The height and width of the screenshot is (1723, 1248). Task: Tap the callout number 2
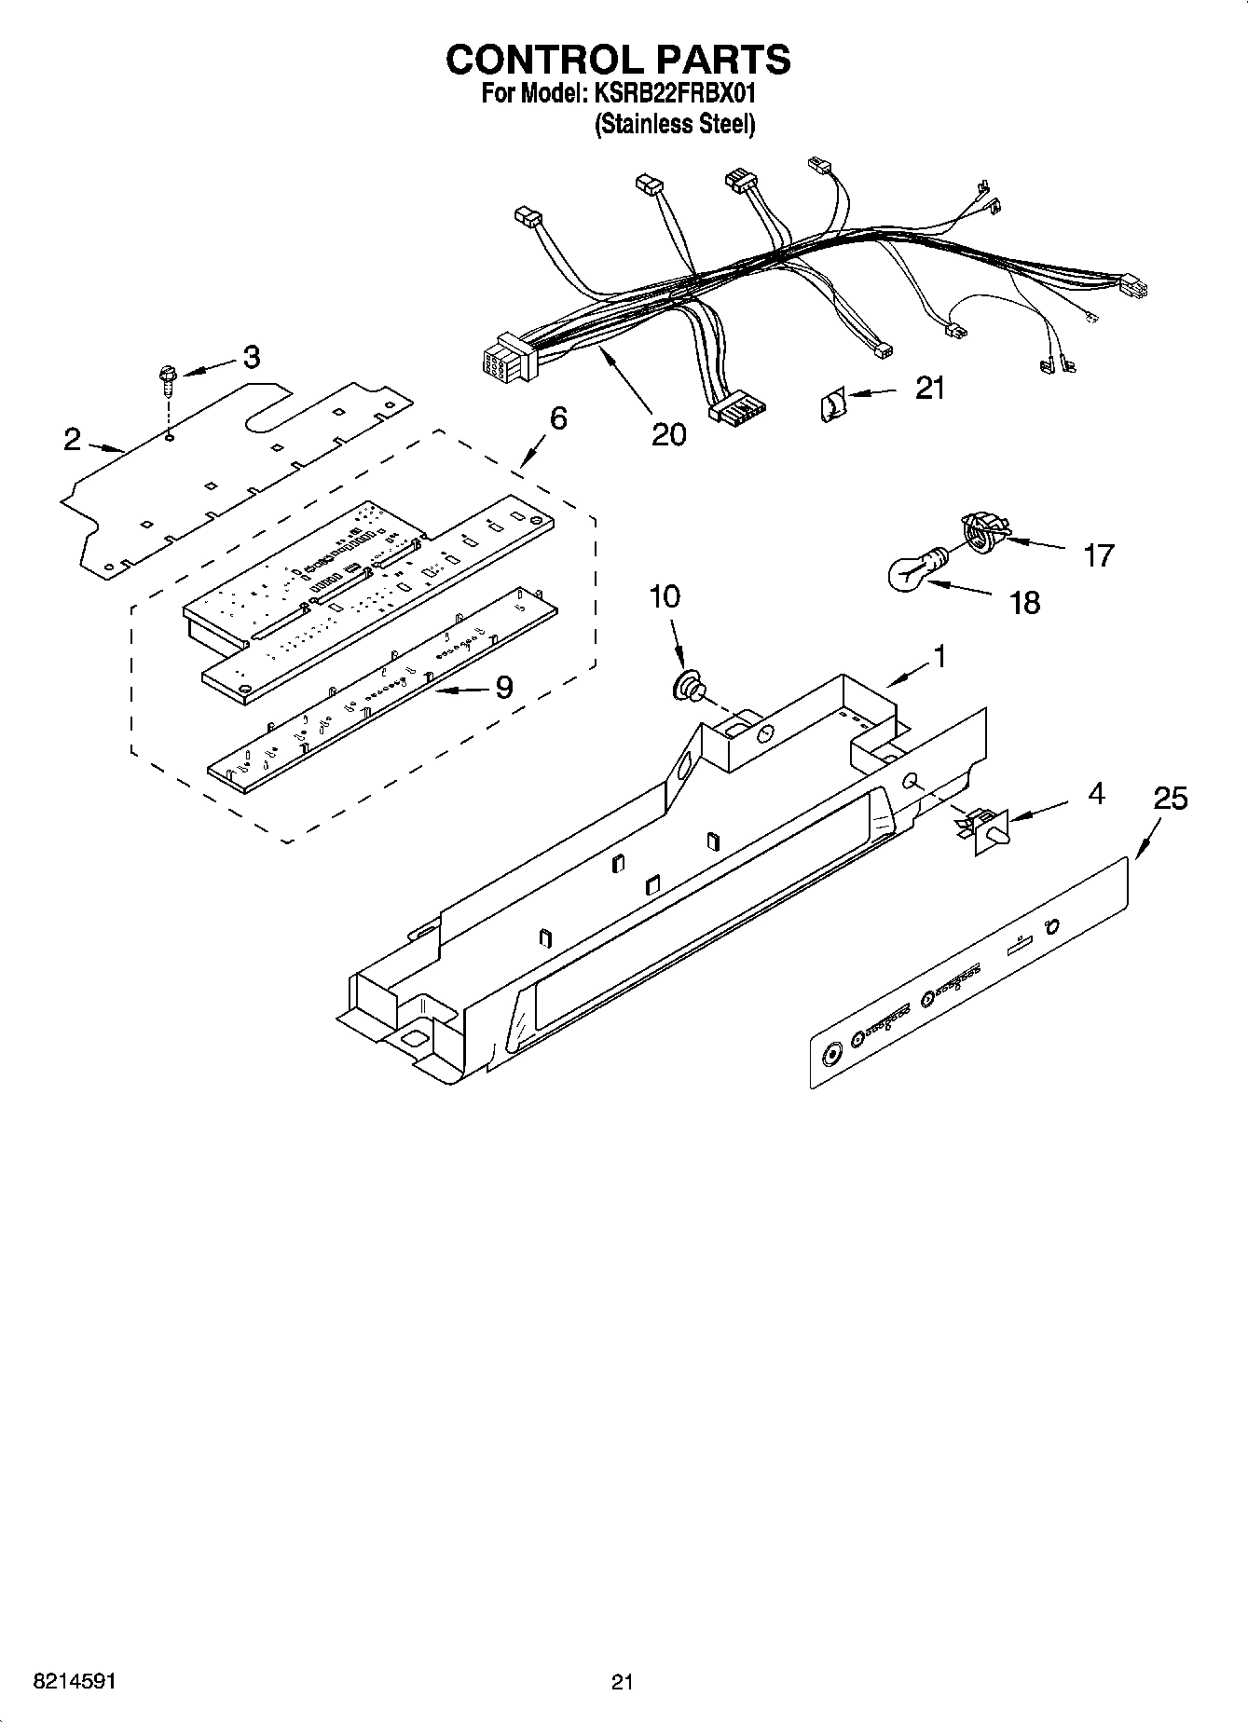pyautogui.click(x=73, y=440)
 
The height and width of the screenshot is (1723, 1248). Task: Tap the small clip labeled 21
pyautogui.click(x=832, y=405)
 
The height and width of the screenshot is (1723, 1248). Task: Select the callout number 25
pyautogui.click(x=1171, y=799)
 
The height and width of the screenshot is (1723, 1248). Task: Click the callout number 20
pyautogui.click(x=668, y=433)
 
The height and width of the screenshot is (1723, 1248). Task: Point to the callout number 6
pyautogui.click(x=557, y=418)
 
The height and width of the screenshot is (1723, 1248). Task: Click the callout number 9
pyautogui.click(x=504, y=688)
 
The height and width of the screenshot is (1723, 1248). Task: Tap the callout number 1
pyautogui.click(x=939, y=657)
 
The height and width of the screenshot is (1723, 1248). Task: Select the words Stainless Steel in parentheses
pyautogui.click(x=675, y=124)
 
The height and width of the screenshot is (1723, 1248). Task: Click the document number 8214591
pyautogui.click(x=75, y=1682)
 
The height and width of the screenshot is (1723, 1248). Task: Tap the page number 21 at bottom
pyautogui.click(x=623, y=1682)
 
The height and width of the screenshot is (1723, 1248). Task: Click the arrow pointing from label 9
pyautogui.click(x=460, y=691)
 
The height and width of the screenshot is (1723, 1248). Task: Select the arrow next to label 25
pyautogui.click(x=1148, y=837)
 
